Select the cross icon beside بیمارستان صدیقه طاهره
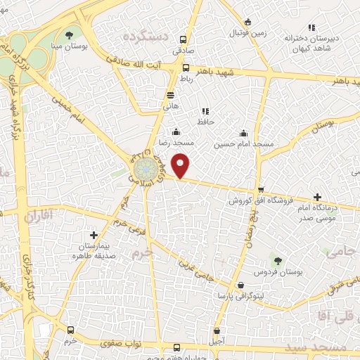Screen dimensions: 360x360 coord(94,235)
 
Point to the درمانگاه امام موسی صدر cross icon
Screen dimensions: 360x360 coord(317,197)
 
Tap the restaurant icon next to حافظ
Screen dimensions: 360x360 coord(205,111)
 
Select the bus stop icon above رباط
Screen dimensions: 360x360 coord(186,68)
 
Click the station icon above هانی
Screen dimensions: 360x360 coord(171,96)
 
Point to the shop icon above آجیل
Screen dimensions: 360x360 coord(217,330)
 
